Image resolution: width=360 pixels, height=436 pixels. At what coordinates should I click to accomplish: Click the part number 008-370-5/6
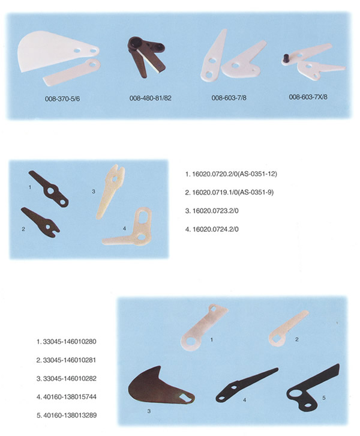click(x=62, y=98)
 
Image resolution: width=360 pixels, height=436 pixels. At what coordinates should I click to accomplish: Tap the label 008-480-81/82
click(x=150, y=98)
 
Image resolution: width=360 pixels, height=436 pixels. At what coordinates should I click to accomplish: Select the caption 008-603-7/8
click(x=229, y=98)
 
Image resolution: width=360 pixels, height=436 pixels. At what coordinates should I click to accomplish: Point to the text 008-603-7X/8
click(x=308, y=97)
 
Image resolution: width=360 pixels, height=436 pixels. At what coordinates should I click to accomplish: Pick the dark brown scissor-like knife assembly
click(x=146, y=56)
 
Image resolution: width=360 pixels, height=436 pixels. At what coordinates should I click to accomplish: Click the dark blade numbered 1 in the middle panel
click(x=49, y=189)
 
